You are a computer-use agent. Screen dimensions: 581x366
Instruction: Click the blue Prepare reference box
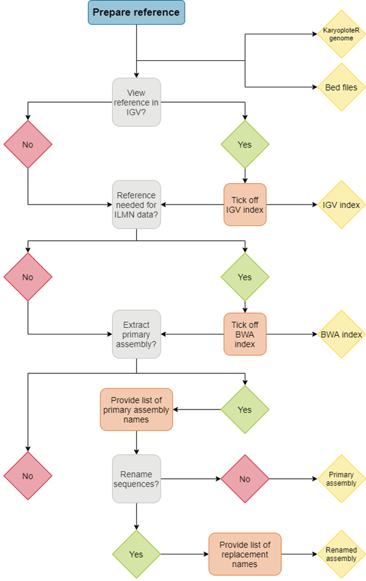(x=137, y=12)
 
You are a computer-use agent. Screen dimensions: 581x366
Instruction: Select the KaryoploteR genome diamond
(x=341, y=34)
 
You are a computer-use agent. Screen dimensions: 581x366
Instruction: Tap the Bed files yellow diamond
(x=341, y=87)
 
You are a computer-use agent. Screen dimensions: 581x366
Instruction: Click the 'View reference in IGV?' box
(x=136, y=102)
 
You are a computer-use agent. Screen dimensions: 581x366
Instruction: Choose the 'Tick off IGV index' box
(x=245, y=204)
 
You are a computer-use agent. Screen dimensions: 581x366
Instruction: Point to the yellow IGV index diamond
(x=341, y=204)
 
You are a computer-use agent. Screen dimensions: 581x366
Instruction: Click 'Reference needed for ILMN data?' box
(x=136, y=204)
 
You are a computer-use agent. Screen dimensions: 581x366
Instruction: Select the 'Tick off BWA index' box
(x=245, y=334)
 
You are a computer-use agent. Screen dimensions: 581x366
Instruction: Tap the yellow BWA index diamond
(x=341, y=334)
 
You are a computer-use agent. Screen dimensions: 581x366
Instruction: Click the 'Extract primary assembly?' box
(x=136, y=334)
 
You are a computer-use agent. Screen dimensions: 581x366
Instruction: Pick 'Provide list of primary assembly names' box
(x=136, y=410)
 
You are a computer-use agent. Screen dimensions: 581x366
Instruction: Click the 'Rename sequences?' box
(x=136, y=479)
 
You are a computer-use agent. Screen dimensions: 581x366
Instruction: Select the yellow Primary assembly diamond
(x=341, y=479)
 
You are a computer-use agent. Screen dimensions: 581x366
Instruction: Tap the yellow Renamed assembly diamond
(x=341, y=554)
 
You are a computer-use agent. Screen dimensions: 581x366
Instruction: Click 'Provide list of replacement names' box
(x=245, y=554)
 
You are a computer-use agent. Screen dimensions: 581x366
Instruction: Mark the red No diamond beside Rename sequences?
(x=245, y=479)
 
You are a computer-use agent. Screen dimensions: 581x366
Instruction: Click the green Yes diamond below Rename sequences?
(x=136, y=554)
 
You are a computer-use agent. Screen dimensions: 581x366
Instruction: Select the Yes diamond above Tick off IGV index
(x=245, y=144)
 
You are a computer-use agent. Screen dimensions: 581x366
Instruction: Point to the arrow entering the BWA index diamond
(x=292, y=334)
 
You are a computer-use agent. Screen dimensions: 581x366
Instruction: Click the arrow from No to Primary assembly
(x=292, y=479)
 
